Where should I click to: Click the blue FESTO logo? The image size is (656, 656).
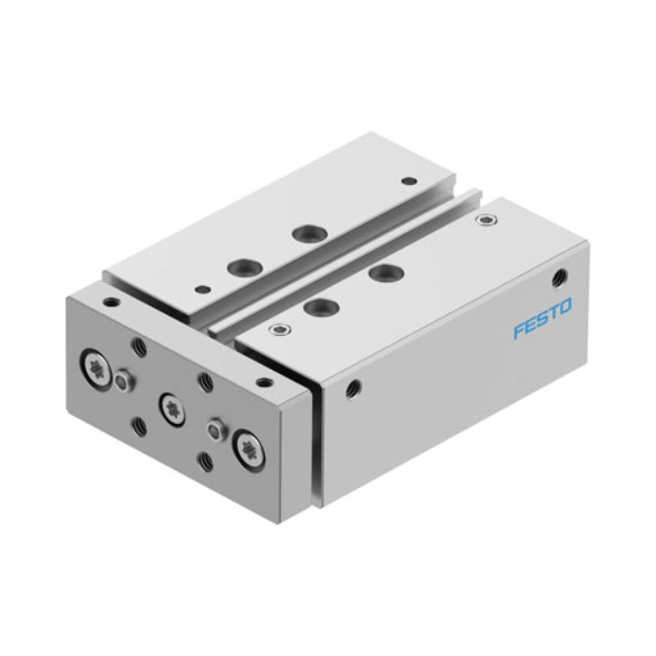542,312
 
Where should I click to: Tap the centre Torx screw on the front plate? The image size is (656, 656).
171,407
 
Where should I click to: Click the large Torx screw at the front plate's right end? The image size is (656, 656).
249,448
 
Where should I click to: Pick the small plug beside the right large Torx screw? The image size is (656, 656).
215,429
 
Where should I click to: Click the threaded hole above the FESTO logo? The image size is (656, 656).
559,277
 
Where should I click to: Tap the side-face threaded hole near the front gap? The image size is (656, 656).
354,387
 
